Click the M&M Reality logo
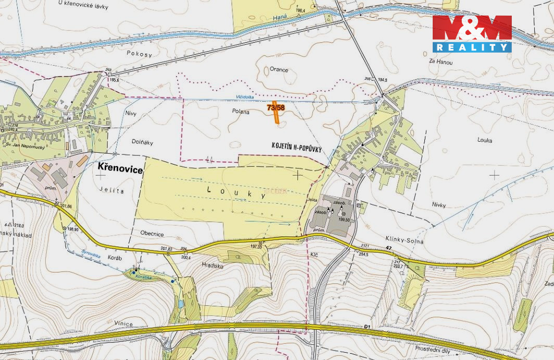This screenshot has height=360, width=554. pyautogui.click(x=472, y=33)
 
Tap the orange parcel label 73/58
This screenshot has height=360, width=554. pyautogui.click(x=276, y=108)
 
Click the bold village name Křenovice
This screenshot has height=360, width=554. pyautogui.click(x=120, y=167)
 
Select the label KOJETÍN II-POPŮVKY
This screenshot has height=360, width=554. pyautogui.click(x=296, y=148)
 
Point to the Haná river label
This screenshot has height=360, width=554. pyautogui.click(x=280, y=19)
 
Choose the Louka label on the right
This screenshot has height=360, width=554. pyautogui.click(x=484, y=140)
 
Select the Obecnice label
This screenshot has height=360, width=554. pyautogui.click(x=152, y=234)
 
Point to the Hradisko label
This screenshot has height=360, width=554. pyautogui.click(x=212, y=265)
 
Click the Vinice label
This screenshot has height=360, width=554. pyautogui.click(x=124, y=325)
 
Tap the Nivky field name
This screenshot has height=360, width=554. pyautogui.click(x=438, y=205)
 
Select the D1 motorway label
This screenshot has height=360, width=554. pyautogui.click(x=367, y=327)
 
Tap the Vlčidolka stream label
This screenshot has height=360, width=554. pyautogui.click(x=245, y=97)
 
